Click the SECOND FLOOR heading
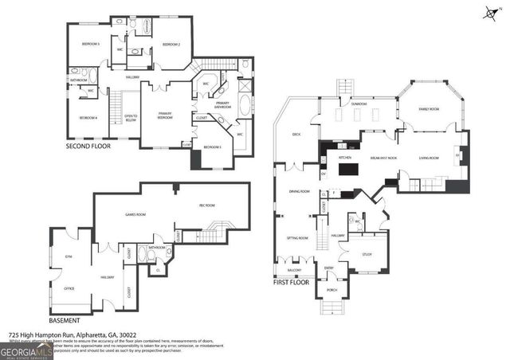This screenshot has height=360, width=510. [x=88, y=147]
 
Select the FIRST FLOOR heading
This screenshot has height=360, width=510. [x=291, y=282]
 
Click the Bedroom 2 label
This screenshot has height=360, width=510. [x=171, y=45]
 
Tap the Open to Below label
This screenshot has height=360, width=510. [x=131, y=118]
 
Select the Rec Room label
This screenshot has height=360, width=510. [x=208, y=206]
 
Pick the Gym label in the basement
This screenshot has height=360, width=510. [x=69, y=256]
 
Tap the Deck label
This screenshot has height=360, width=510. [x=296, y=135]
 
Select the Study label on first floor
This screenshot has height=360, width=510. [x=367, y=256]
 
